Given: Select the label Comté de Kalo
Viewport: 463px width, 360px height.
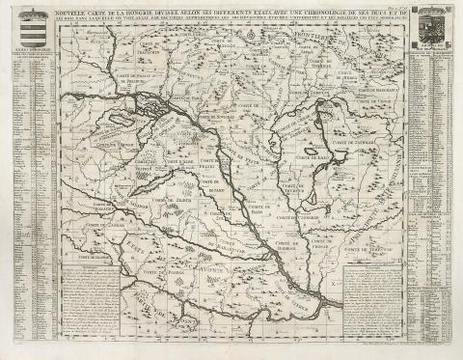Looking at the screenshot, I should click(x=314, y=154).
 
